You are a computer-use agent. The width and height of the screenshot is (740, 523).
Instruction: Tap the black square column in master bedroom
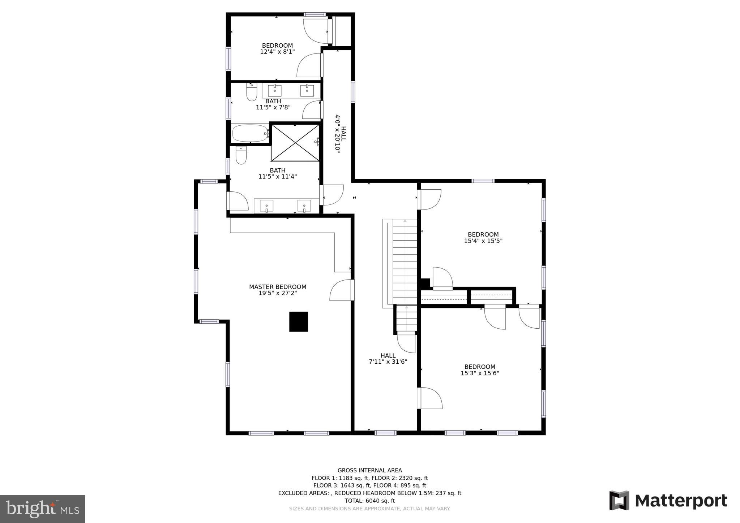pyautogui.click(x=298, y=321)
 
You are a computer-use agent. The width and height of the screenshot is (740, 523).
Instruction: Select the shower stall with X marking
pyautogui.click(x=295, y=143)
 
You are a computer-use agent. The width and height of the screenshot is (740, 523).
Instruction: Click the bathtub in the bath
pyautogui.click(x=250, y=134)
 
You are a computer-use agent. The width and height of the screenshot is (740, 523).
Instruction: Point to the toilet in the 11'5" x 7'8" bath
pyautogui.click(x=252, y=92)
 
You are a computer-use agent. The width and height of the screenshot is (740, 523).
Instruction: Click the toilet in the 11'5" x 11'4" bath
pyautogui.click(x=241, y=155)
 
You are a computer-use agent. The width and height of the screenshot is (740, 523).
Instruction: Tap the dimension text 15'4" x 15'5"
pyautogui.click(x=483, y=241)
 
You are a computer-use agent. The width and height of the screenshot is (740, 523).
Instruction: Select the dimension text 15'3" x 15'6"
pyautogui.click(x=480, y=373)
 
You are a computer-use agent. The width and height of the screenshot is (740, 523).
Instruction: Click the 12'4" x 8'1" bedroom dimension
pyautogui.click(x=277, y=52)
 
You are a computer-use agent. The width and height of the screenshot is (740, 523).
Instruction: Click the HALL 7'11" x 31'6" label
pyautogui.click(x=388, y=359)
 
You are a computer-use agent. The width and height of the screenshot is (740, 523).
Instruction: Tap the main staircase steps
pyautogui.click(x=405, y=262)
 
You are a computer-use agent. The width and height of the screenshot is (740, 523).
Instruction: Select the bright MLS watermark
pyautogui.click(x=42, y=509)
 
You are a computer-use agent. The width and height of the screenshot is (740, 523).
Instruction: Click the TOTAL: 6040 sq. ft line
pyautogui.click(x=369, y=501)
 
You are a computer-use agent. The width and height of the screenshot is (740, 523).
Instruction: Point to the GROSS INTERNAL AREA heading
pyautogui.click(x=369, y=470)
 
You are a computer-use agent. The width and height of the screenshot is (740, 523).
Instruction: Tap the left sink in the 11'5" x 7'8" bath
pyautogui.click(x=274, y=91)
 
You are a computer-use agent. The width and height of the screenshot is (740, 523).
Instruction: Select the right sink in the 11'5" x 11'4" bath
pyautogui.click(x=304, y=206)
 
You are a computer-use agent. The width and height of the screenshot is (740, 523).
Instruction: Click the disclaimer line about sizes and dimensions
pyautogui.click(x=369, y=509)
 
